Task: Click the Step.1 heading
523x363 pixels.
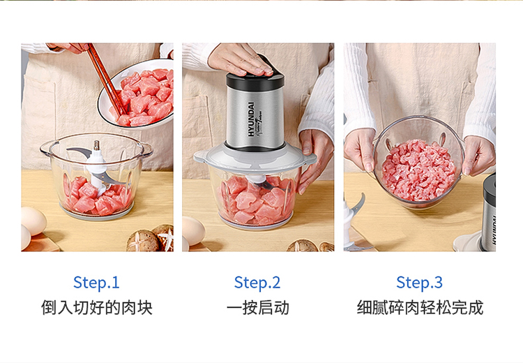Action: (96, 283)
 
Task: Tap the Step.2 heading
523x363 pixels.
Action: (257, 283)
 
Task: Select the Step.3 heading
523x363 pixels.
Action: (419, 283)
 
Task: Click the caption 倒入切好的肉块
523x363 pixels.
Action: (97, 308)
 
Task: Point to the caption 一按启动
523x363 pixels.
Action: (258, 308)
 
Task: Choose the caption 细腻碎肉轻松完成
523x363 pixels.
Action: (420, 308)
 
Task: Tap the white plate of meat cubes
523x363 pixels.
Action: (137, 94)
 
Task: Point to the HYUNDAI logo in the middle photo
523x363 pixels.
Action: (251, 119)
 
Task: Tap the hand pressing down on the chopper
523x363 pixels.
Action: (239, 59)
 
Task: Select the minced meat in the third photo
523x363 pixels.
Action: (418, 170)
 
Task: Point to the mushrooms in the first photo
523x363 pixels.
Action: (151, 238)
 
